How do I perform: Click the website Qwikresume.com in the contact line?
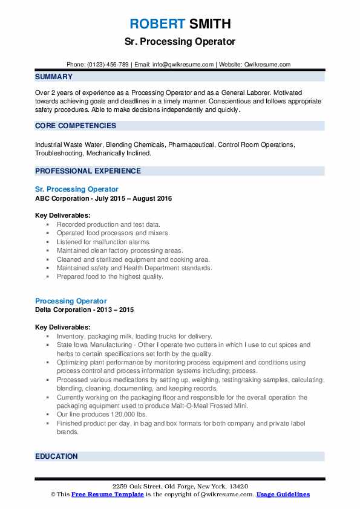point(267,64)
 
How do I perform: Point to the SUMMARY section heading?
point(54,77)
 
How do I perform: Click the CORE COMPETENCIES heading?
point(76,126)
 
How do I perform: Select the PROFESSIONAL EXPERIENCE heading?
point(88,171)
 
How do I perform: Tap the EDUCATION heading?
point(57,456)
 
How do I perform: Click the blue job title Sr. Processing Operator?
point(77,189)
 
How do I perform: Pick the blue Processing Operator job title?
point(71,301)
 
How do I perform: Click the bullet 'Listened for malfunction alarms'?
point(104,242)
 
